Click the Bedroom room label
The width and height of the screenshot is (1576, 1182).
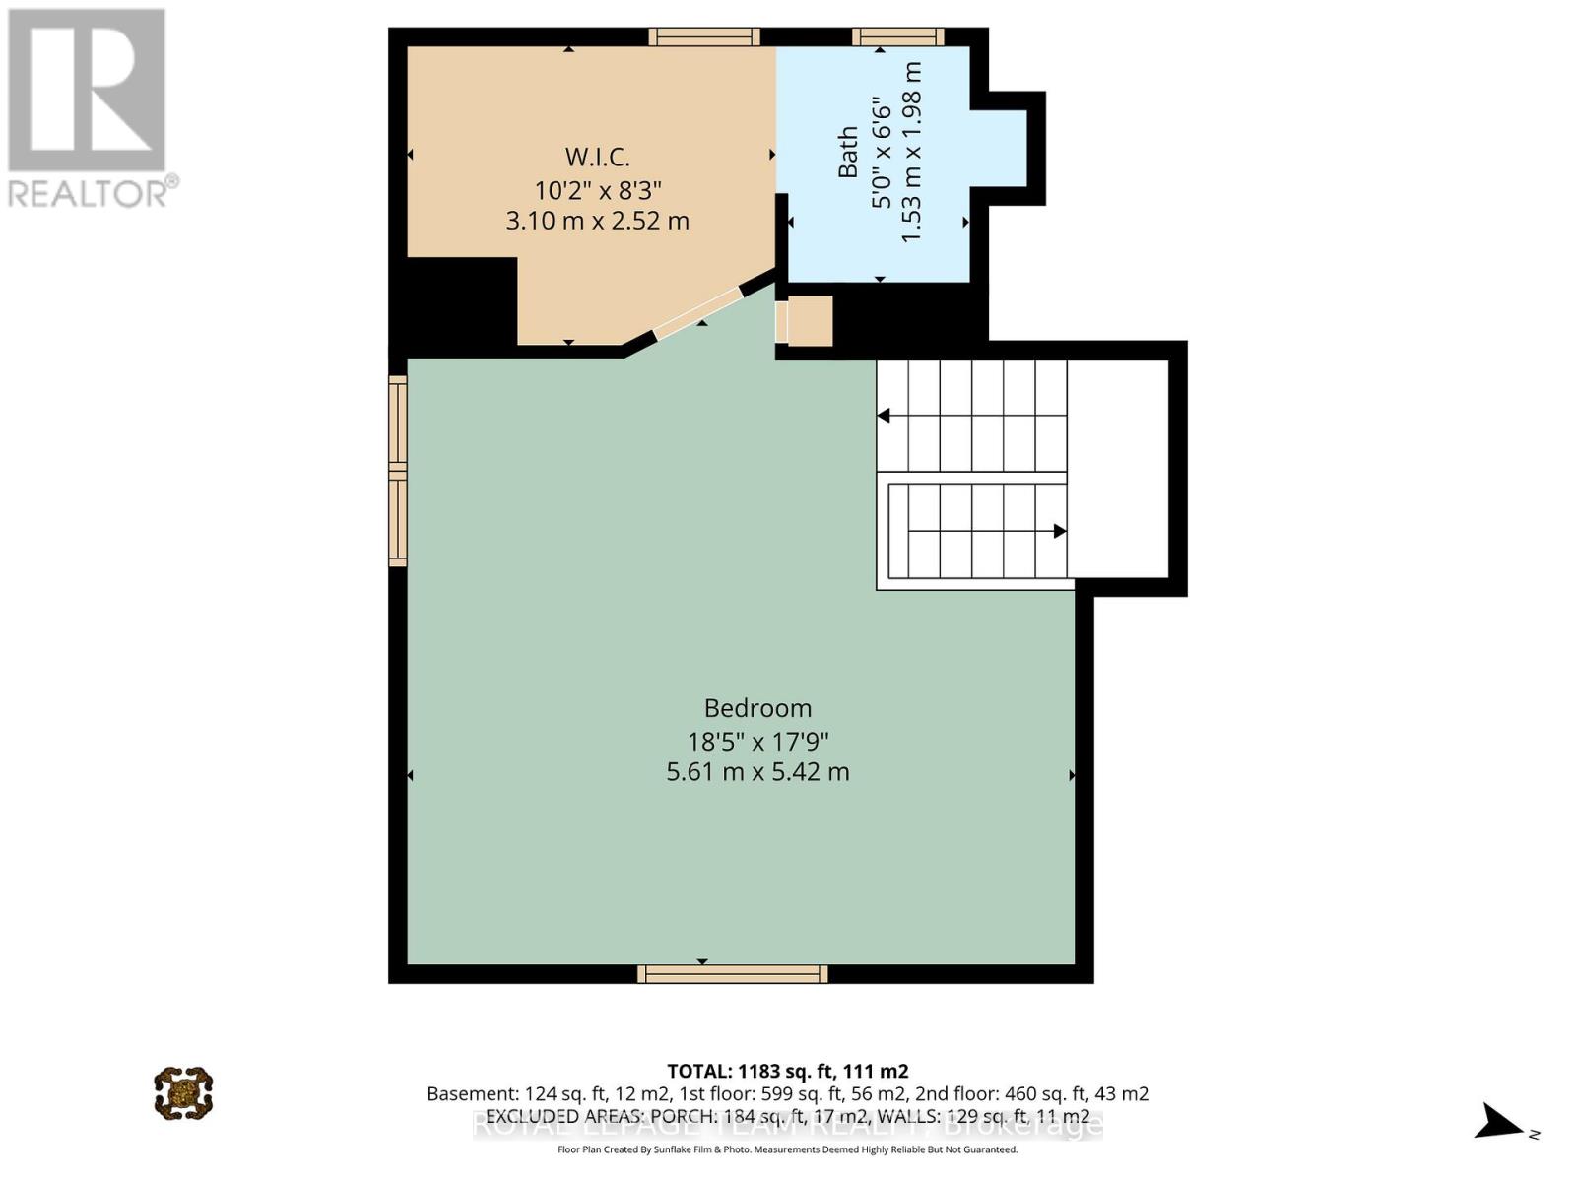point(757,708)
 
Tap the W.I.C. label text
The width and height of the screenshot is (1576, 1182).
point(597,157)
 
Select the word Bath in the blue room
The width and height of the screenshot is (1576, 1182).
point(848,153)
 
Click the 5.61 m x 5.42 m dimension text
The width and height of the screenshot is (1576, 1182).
point(757,771)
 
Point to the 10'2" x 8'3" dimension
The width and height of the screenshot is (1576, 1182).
point(597,189)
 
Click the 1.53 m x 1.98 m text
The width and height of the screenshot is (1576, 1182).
point(911,153)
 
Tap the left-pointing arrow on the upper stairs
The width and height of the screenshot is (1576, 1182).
point(885,416)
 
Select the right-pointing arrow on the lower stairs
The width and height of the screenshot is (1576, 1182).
point(1059,531)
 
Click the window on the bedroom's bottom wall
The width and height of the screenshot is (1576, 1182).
point(732,974)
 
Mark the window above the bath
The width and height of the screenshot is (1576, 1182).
point(897,37)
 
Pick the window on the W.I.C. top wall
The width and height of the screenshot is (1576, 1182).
point(703,37)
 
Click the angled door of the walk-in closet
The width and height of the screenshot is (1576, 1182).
point(697,313)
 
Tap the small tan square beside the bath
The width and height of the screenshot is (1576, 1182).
point(810,321)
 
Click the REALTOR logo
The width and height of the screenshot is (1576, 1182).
point(89,108)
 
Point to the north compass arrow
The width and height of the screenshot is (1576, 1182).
point(1502,1122)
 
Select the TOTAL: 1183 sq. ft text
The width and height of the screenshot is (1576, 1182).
point(787,1071)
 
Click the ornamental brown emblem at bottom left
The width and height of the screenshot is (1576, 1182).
point(183,1092)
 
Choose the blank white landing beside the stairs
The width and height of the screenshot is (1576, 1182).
point(1118,469)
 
